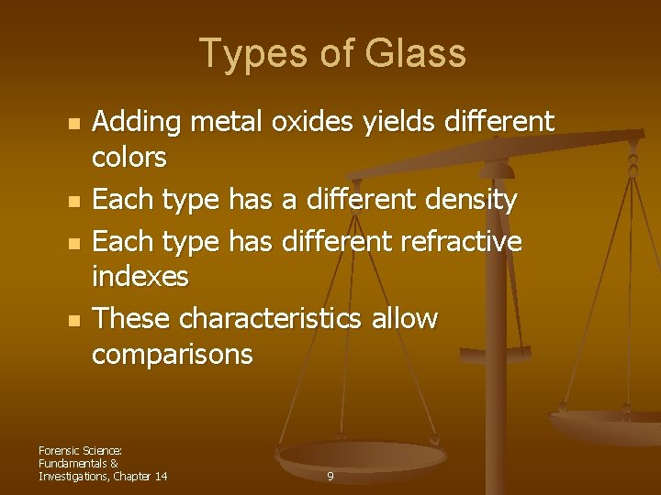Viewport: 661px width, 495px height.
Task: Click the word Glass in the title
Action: tap(416, 54)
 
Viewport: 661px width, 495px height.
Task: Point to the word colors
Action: tap(129, 158)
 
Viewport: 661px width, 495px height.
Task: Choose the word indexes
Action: tap(140, 276)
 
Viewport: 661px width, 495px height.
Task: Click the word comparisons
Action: tap(172, 354)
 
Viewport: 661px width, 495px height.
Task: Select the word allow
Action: tap(406, 318)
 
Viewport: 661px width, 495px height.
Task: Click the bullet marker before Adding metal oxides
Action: tap(75, 123)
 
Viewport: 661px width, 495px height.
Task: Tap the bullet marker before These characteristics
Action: tap(75, 320)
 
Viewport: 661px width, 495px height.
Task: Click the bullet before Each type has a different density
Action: tap(75, 201)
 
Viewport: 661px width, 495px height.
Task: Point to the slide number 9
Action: tap(330, 477)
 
